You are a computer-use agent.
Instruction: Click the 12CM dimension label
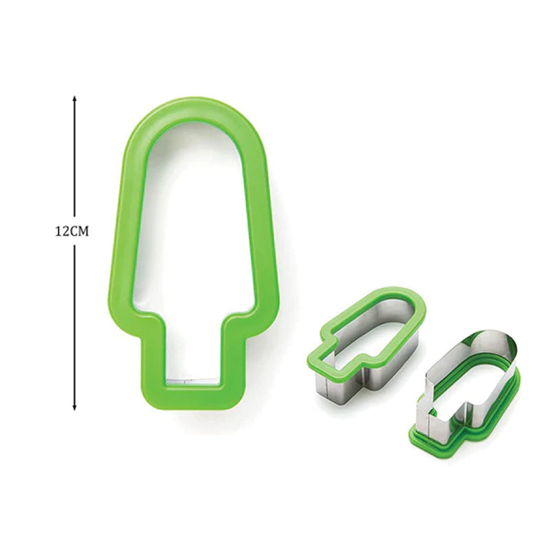73,232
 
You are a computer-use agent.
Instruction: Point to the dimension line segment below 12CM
74,323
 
